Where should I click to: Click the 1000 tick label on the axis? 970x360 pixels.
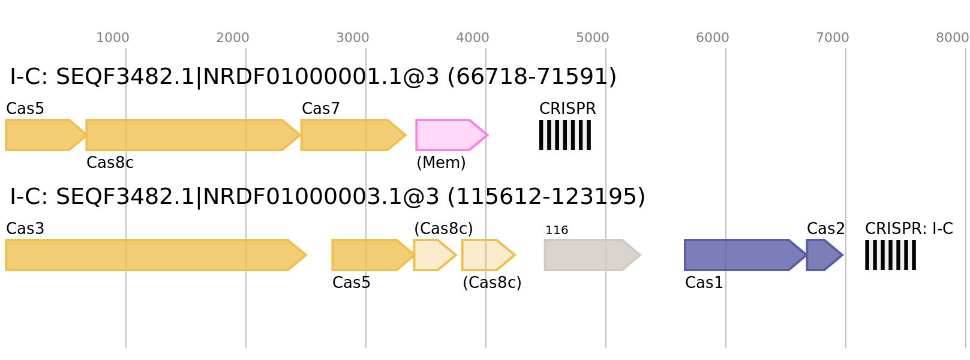click(113, 38)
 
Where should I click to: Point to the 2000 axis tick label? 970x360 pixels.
click(233, 38)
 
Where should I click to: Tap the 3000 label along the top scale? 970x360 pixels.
click(353, 38)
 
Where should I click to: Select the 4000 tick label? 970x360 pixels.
click(473, 38)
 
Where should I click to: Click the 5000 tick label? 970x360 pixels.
click(593, 38)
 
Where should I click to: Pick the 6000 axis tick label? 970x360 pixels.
click(713, 38)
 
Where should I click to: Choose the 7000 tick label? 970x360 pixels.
click(833, 38)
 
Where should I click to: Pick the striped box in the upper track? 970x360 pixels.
click(565, 135)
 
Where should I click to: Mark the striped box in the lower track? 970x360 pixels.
click(890, 255)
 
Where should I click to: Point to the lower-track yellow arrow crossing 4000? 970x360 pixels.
click(486, 255)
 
